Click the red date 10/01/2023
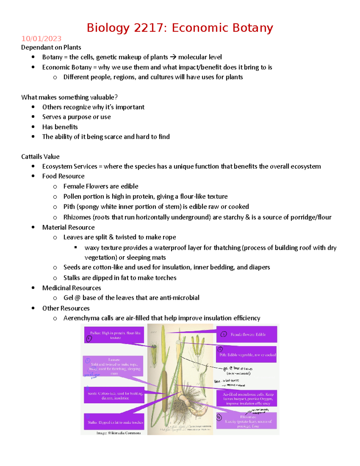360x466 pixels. click(41, 39)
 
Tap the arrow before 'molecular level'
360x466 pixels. click(173, 57)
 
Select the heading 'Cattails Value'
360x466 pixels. click(40, 157)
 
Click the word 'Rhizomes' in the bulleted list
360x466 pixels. click(77, 217)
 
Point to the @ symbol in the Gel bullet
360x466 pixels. click(78, 298)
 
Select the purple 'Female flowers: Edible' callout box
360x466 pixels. click(247, 334)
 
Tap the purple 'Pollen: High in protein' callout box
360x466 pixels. click(114, 335)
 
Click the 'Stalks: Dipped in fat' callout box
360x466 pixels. click(114, 422)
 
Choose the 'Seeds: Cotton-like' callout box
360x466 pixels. click(114, 395)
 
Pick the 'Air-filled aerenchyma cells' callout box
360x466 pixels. click(247, 398)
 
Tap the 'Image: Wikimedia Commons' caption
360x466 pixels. click(118, 433)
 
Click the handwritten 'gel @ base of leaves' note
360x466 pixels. click(238, 369)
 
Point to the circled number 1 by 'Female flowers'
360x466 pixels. click(223, 334)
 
